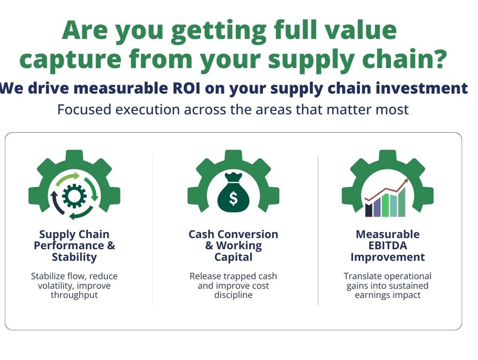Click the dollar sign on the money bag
pos(234,199)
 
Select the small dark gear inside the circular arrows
pos(74,196)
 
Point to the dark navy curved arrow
pos(57,203)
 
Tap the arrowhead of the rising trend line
pos(406,181)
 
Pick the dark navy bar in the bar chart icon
pos(368,210)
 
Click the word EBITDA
pos(388,246)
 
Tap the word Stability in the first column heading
pos(74,257)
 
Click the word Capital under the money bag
pos(234,257)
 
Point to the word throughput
pos(74,295)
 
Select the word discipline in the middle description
pos(234,295)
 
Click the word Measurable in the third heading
pos(388,234)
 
